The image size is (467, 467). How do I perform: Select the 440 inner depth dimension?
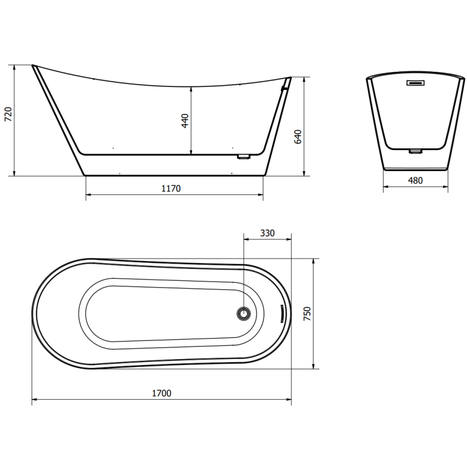pyautogui.click(x=185, y=121)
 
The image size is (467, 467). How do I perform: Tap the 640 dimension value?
pyautogui.click(x=297, y=137)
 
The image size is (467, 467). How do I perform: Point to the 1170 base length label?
pyautogui.click(x=171, y=188)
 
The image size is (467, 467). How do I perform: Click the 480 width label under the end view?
pyautogui.click(x=415, y=180)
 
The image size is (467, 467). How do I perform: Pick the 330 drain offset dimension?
pyautogui.click(x=267, y=233)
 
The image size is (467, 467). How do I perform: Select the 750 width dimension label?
pyautogui.click(x=308, y=313)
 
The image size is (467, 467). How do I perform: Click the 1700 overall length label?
pyautogui.click(x=162, y=393)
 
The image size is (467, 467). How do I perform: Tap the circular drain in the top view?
pyautogui.click(x=243, y=313)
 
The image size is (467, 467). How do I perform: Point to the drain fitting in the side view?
pyautogui.click(x=243, y=156)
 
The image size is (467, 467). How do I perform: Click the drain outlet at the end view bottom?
pyautogui.click(x=415, y=151)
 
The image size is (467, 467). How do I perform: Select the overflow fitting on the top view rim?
pyautogui.click(x=282, y=313)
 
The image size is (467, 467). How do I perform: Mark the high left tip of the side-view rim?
pyautogui.click(x=33, y=65)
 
